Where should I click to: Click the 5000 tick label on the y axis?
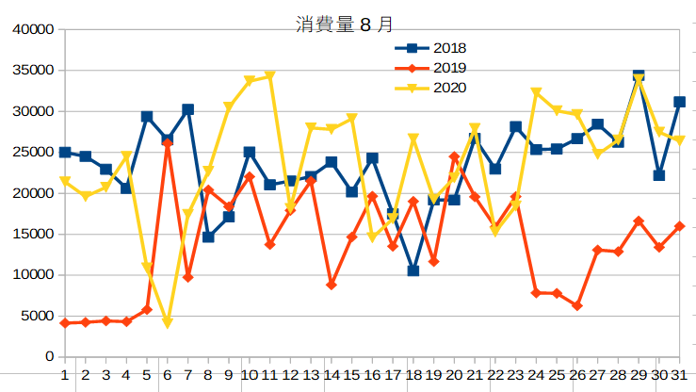(x=37, y=317)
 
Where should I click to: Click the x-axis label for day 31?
(x=678, y=375)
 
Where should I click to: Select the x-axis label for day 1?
(x=65, y=375)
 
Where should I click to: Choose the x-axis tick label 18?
(x=413, y=375)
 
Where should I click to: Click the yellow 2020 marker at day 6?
(x=168, y=323)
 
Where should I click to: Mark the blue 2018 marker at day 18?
(x=413, y=270)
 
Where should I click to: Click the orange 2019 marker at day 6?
(x=168, y=143)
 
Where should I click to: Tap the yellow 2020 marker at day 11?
(x=270, y=76)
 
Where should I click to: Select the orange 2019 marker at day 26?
(x=577, y=306)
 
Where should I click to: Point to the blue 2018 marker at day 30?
(x=659, y=175)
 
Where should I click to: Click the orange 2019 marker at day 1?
(x=65, y=323)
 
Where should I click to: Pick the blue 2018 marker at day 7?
(x=188, y=109)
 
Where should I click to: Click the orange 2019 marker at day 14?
(x=332, y=285)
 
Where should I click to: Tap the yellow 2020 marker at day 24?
(x=536, y=92)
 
